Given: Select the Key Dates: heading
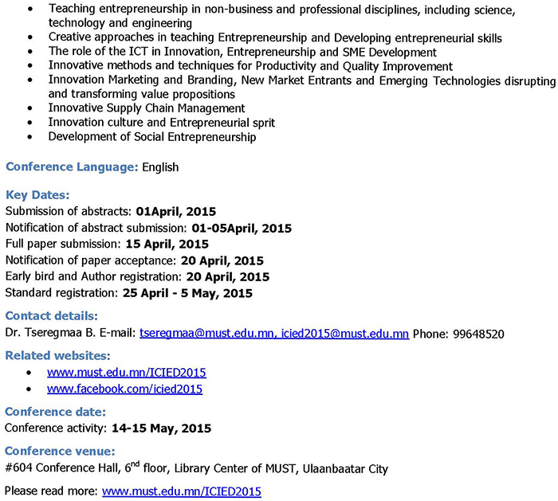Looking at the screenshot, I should click(37, 195).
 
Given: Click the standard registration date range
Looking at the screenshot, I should click(187, 293).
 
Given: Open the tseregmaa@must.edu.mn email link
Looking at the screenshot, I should click(206, 334).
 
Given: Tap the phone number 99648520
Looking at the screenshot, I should click(477, 334).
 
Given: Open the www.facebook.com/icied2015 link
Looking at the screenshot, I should click(124, 389).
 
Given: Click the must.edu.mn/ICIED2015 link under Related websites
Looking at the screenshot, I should click(127, 372).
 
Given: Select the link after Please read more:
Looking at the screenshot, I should click(181, 491).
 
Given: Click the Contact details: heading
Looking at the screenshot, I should click(52, 316).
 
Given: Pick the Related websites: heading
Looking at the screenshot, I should click(58, 355).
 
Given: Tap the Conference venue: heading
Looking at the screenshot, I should click(60, 452).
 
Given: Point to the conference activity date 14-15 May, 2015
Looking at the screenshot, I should click(161, 428).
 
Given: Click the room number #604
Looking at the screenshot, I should click(18, 468).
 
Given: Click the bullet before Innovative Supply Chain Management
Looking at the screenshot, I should click(30, 108).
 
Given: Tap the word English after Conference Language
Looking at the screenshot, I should click(160, 167).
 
